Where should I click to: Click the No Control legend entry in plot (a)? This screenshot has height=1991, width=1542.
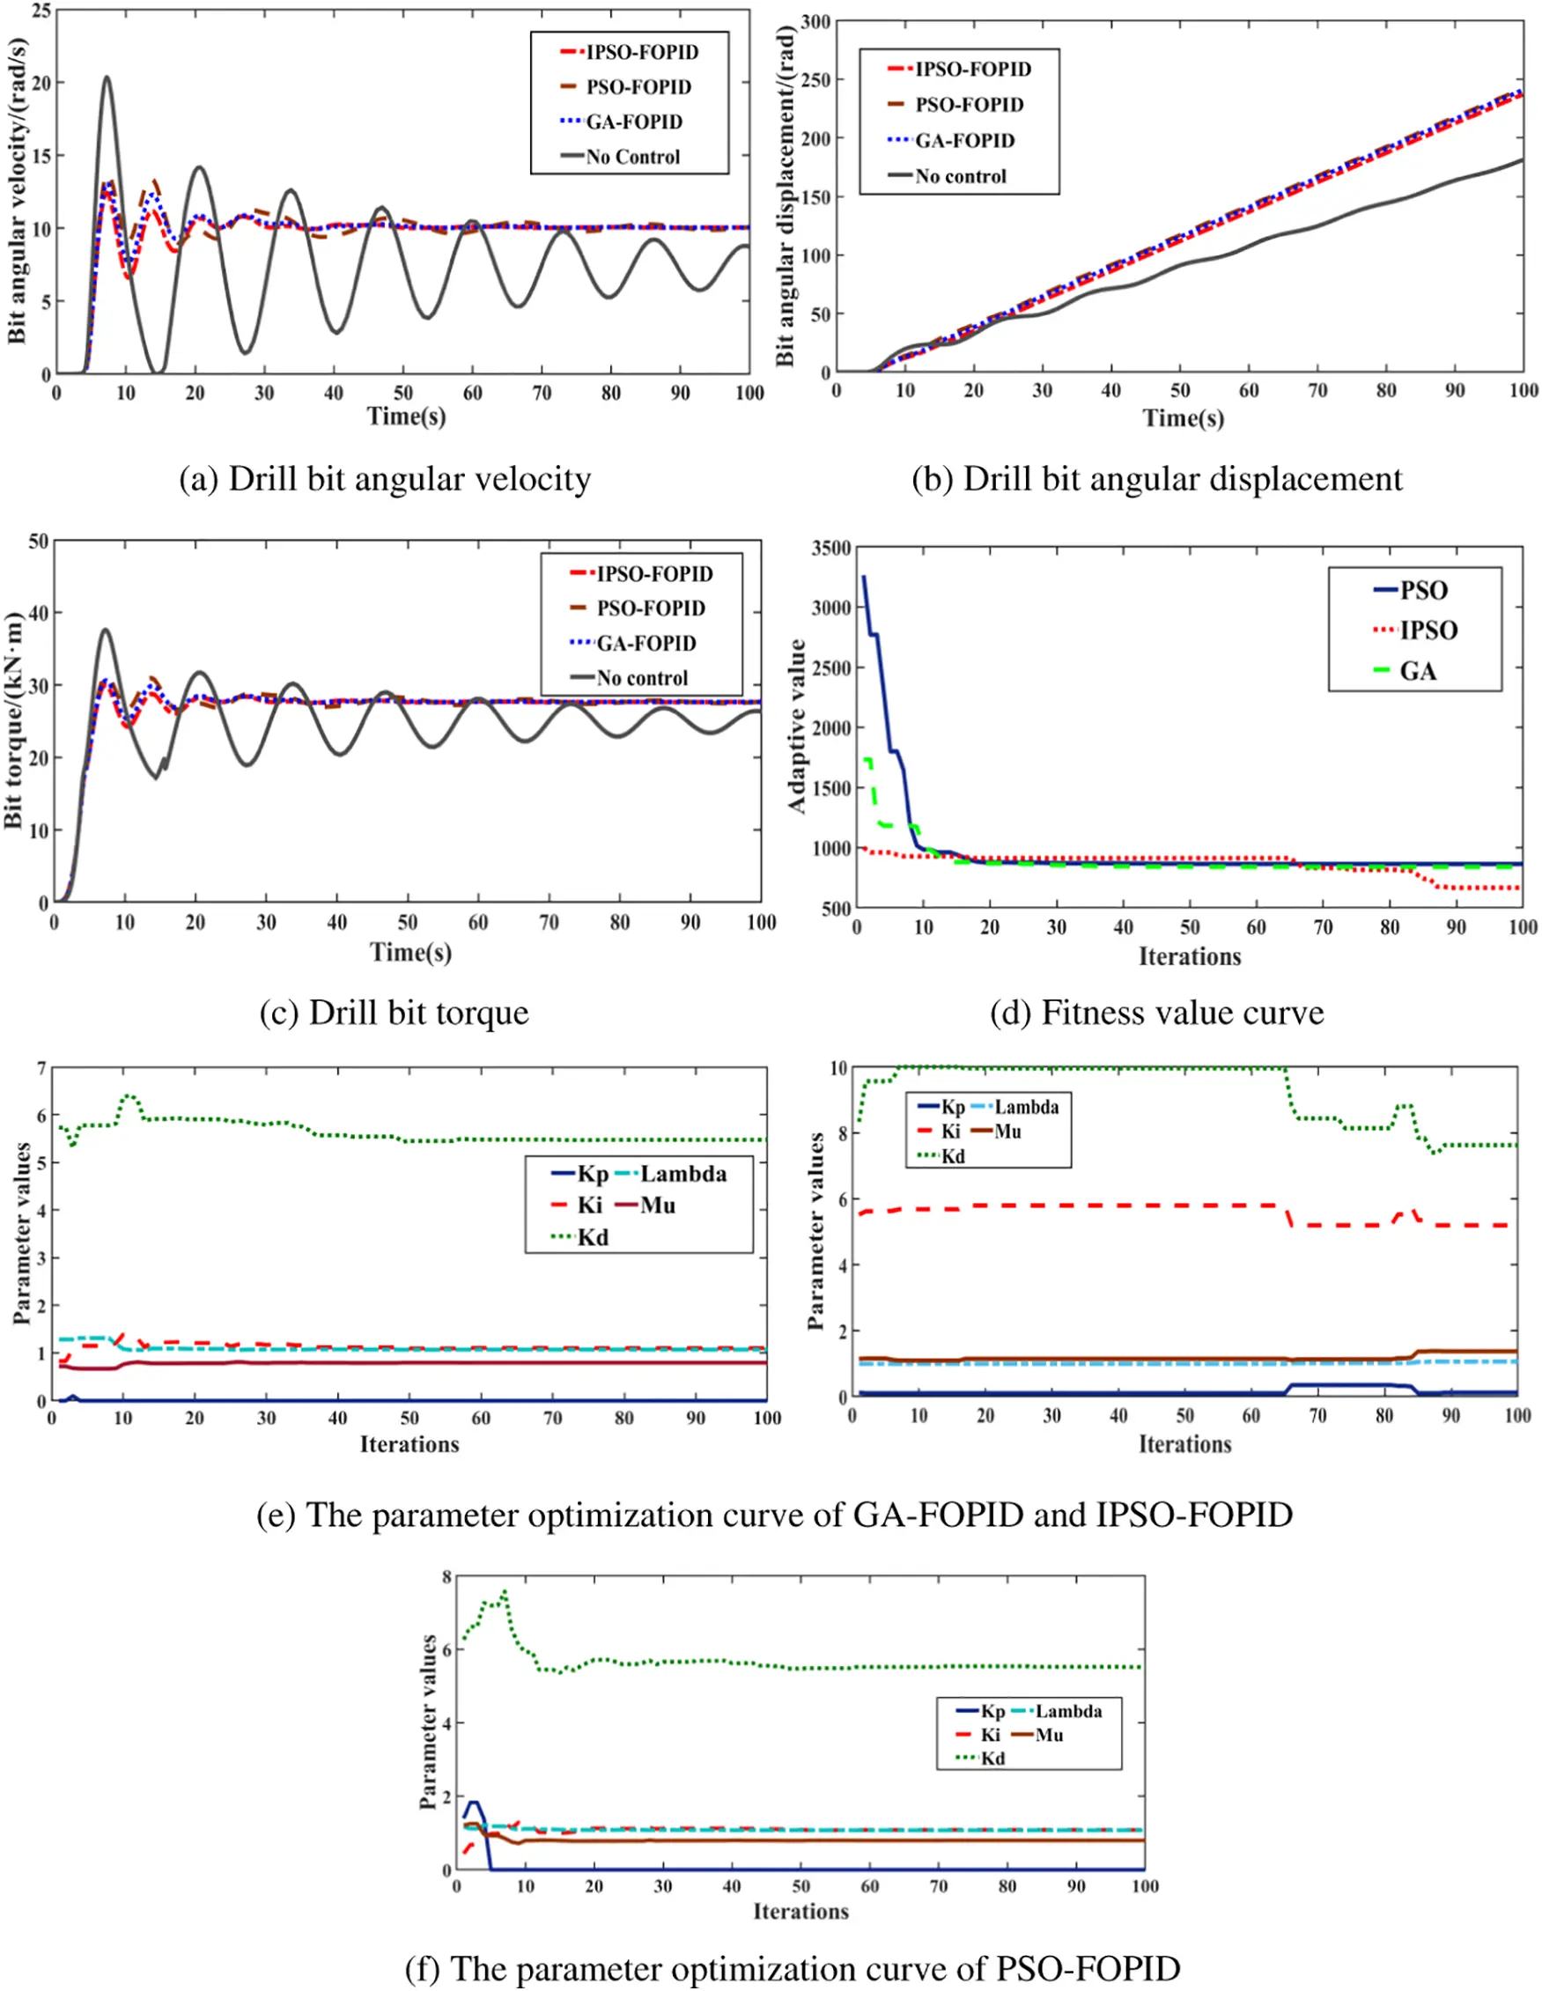[x=632, y=157]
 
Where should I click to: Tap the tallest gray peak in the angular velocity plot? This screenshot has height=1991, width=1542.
[x=107, y=77]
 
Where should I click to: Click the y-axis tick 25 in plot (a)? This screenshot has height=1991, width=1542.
[x=41, y=11]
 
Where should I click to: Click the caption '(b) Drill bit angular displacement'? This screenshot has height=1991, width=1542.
[x=1156, y=480]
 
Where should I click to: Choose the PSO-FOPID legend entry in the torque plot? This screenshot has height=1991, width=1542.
[x=649, y=608]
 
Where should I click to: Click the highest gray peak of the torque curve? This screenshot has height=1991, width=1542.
[x=106, y=630]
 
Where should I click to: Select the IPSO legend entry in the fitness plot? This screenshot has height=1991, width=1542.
[x=1428, y=630]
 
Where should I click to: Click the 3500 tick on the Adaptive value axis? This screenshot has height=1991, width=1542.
[x=830, y=548]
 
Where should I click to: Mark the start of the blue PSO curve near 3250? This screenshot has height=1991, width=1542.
[x=864, y=577]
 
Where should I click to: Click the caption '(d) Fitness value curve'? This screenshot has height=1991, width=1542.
[x=1156, y=1013]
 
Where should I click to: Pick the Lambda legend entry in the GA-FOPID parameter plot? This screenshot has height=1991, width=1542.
[x=682, y=1173]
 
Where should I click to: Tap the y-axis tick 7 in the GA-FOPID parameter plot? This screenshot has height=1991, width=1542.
[x=41, y=1067]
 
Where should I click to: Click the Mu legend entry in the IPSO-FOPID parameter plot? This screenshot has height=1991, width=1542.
[x=1007, y=1132]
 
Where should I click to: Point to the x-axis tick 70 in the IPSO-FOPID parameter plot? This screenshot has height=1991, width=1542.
[x=1317, y=1416]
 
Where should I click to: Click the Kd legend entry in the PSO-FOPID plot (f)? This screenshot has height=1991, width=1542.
[x=992, y=1759]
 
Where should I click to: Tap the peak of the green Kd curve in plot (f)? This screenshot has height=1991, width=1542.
[x=505, y=1593]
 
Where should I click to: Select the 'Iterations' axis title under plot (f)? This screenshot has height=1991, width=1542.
[x=800, y=1911]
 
